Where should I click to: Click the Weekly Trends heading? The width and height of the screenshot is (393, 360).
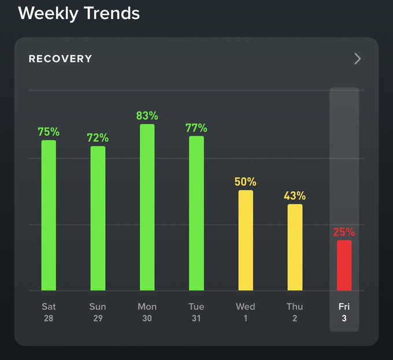coord(79,13)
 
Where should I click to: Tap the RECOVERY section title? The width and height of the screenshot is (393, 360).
coord(60,59)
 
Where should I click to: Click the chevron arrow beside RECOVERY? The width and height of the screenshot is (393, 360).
coord(357,58)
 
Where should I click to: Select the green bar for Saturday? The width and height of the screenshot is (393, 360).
coord(49,215)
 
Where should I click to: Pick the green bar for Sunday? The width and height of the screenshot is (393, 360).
coord(98,218)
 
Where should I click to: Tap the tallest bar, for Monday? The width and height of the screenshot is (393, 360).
coord(147,207)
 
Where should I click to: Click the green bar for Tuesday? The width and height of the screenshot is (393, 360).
coord(196,213)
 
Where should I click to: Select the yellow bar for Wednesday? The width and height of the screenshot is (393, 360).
coord(246,240)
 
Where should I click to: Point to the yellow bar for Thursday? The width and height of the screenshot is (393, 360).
coord(295,247)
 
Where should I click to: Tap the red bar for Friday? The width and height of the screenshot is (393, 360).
coord(344,265)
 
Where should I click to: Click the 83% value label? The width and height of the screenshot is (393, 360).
coord(147,116)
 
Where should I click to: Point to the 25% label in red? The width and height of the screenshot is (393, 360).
coord(344,232)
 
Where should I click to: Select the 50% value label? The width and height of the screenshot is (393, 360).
coord(246,182)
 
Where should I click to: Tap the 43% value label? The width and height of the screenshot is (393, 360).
coord(295,196)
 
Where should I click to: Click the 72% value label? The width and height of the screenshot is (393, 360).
coord(98,138)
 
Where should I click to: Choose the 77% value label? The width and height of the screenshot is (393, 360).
coord(196,128)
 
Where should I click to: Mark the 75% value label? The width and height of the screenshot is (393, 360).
coord(49,132)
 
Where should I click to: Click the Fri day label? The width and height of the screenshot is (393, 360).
coord(344,306)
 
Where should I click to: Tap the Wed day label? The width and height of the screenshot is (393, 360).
coord(246,306)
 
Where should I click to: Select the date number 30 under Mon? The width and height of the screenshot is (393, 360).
coord(147,318)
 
